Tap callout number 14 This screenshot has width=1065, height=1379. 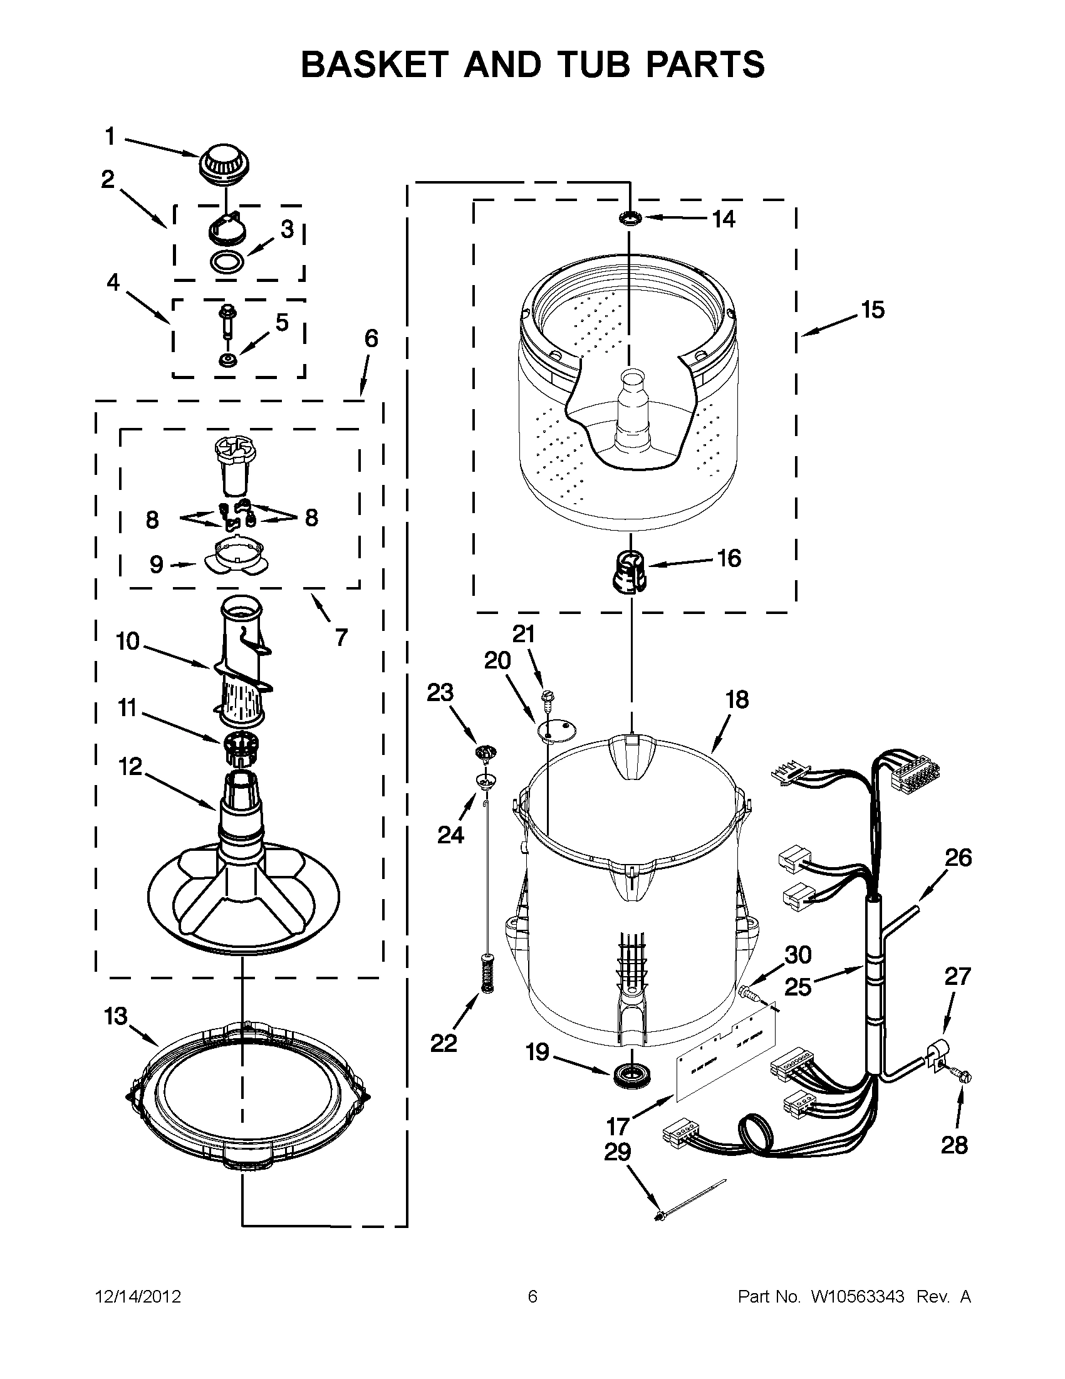pyautogui.click(x=724, y=219)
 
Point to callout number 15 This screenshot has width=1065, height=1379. pyautogui.click(x=873, y=310)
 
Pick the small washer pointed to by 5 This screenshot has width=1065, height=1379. pyautogui.click(x=226, y=360)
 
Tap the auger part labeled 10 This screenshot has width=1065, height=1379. pyautogui.click(x=242, y=663)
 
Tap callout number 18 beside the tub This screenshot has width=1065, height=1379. pyautogui.click(x=737, y=700)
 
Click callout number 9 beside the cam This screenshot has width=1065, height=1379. pyautogui.click(x=157, y=565)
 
